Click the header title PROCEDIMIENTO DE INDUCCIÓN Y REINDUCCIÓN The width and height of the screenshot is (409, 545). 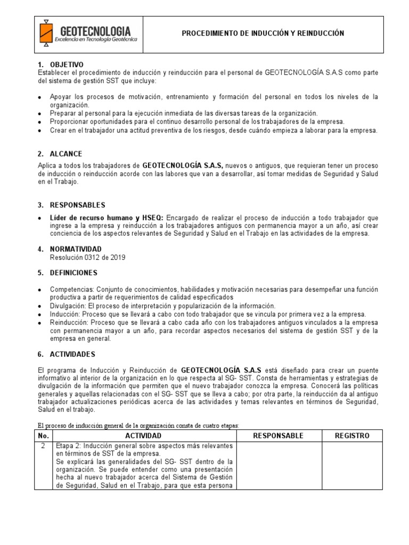tap(263, 34)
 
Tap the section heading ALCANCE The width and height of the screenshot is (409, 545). tap(66, 154)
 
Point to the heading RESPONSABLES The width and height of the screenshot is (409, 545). tap(78, 205)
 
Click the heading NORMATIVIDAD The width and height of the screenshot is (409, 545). tap(76, 249)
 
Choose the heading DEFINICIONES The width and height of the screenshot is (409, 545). tap(74, 272)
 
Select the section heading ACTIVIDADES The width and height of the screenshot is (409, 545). tap(72, 354)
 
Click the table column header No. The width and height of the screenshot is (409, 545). tap(43, 435)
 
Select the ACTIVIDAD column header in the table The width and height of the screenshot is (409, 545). tap(144, 435)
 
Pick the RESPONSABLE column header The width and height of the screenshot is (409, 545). tap(278, 435)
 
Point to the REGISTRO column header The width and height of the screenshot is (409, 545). tap(351, 435)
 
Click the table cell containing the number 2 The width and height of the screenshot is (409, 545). tap(43, 445)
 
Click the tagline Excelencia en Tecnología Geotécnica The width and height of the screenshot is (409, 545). tap(96, 40)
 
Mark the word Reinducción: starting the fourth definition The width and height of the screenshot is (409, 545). tap(70, 323)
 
